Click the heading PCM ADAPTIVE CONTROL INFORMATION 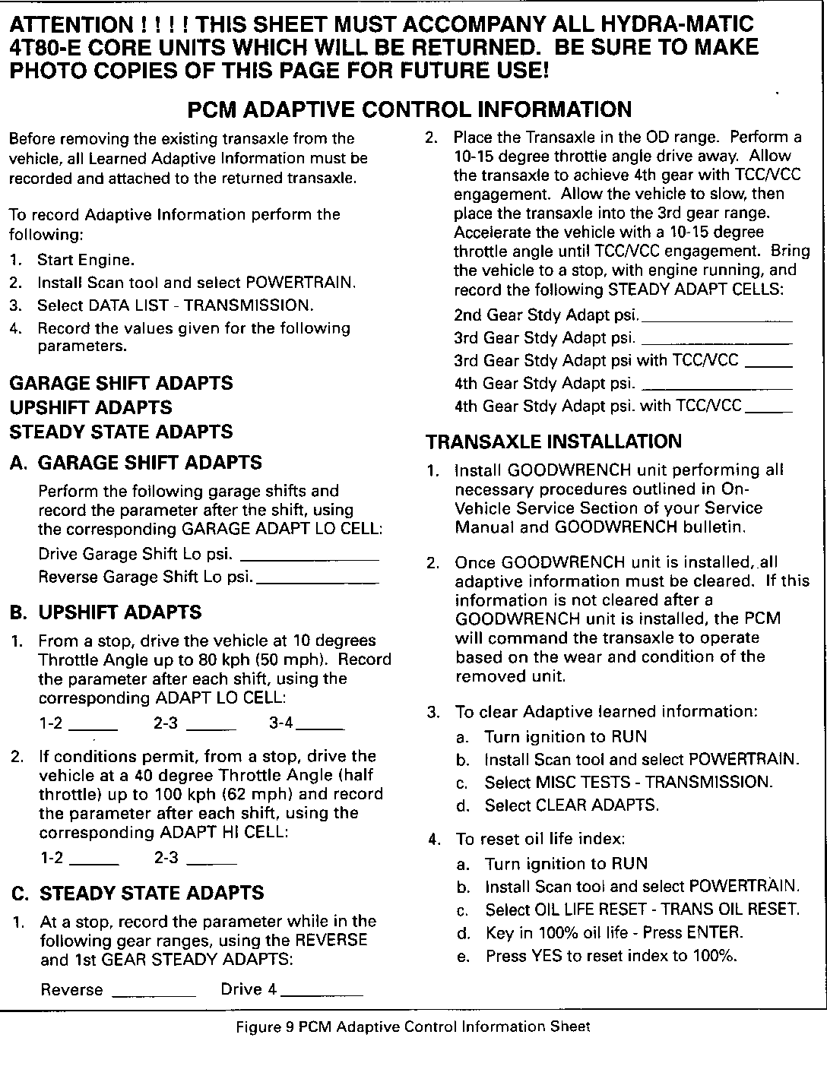[409, 110]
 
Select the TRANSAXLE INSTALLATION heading [554, 441]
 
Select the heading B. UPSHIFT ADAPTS [106, 612]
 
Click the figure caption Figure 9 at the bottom [413, 1027]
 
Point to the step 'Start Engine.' [86, 260]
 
